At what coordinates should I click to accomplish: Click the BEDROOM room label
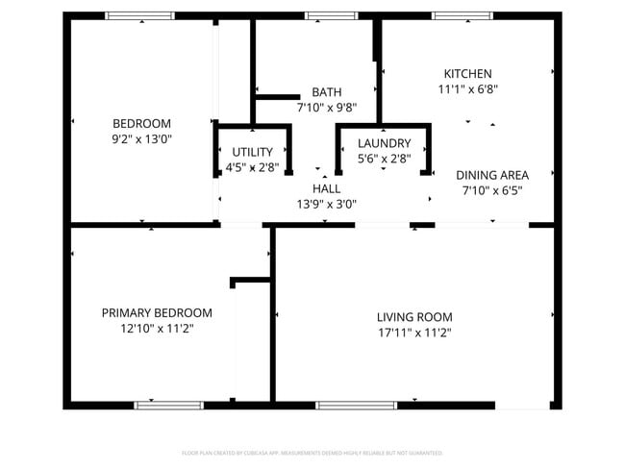[141, 123]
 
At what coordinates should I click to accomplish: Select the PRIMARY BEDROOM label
[157, 313]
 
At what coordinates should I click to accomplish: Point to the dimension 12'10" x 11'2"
[157, 329]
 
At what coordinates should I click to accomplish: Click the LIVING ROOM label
[413, 317]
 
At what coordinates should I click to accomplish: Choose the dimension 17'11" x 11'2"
[413, 333]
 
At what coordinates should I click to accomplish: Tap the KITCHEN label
[467, 74]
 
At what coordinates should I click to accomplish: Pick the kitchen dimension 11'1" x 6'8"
[467, 89]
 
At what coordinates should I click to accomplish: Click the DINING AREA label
[492, 175]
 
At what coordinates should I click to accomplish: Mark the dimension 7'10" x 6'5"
[492, 190]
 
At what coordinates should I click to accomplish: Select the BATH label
[326, 92]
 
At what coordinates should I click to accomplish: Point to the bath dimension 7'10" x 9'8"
[326, 108]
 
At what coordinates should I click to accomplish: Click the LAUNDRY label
[384, 143]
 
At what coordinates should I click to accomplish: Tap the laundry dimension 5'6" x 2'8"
[384, 159]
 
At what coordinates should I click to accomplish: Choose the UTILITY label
[252, 152]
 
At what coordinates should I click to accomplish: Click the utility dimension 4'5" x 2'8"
[252, 167]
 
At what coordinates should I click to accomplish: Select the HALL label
[326, 188]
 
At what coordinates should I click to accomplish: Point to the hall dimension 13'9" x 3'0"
[326, 204]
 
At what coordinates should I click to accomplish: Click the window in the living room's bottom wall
[357, 405]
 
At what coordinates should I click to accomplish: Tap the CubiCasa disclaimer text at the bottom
[312, 452]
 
